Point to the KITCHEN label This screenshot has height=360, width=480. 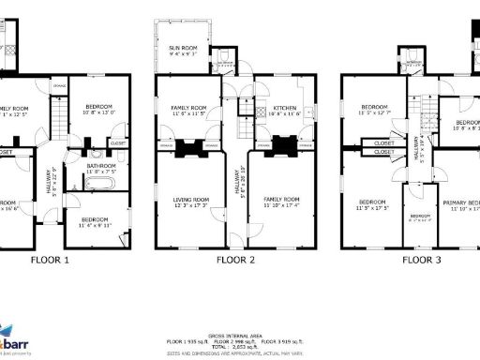285,109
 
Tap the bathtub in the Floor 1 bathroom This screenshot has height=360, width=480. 97,184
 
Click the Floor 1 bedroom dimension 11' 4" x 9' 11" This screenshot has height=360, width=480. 94,225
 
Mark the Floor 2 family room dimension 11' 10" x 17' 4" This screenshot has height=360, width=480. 280,204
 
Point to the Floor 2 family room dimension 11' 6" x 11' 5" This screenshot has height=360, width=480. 187,114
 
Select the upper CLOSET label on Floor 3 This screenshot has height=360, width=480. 383,143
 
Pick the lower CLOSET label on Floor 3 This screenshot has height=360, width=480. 383,155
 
